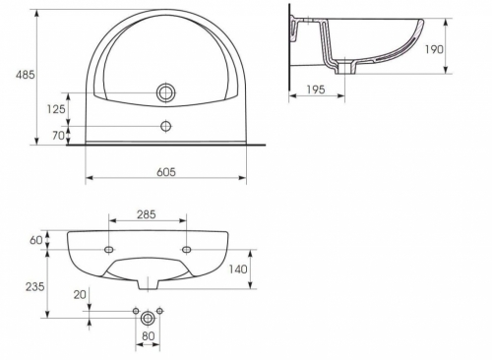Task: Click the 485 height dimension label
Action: click(25, 75)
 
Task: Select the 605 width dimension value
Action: click(166, 172)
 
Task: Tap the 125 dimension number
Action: click(56, 109)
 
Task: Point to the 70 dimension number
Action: click(58, 135)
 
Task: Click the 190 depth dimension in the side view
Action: click(434, 49)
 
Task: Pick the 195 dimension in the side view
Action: click(316, 90)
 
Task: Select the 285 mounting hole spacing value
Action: click(147, 214)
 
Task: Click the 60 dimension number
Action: click(36, 240)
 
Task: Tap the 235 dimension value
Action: click(34, 286)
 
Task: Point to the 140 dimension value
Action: click(238, 270)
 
